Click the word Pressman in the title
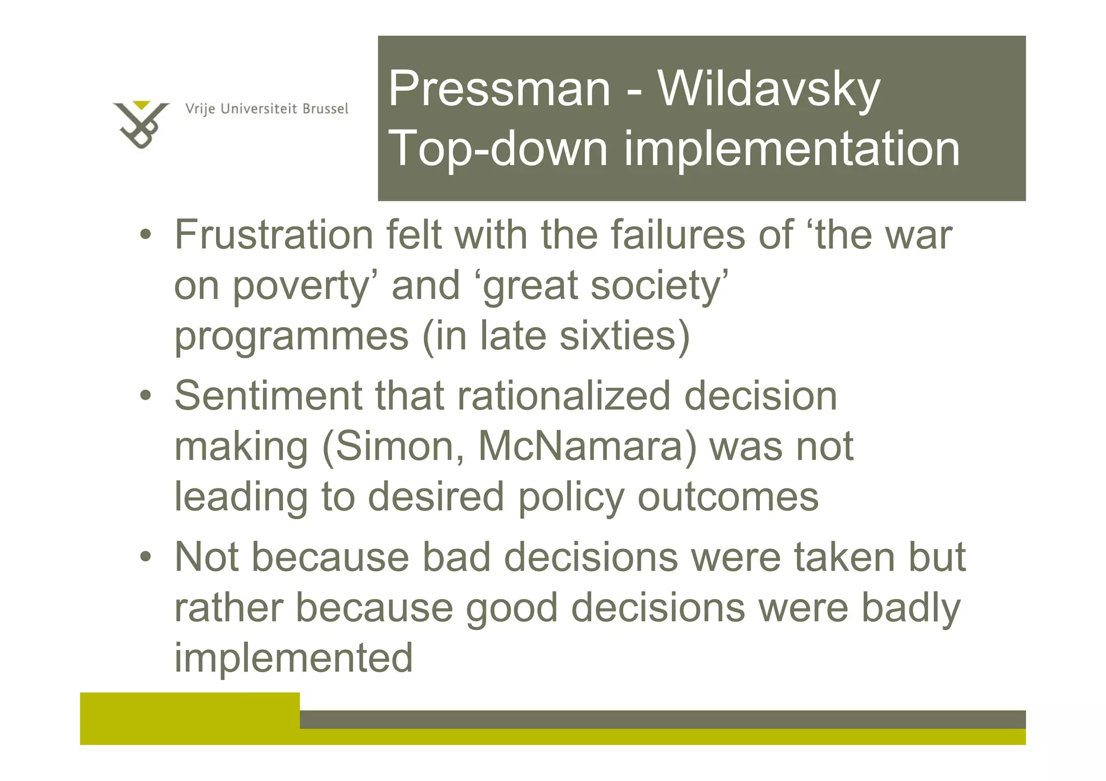point(499,89)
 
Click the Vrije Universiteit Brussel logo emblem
point(141,124)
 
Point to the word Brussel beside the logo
point(325,109)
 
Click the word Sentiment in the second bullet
point(268,396)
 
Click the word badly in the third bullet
point(911,608)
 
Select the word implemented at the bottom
point(293,658)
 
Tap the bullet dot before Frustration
point(145,235)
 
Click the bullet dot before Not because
point(145,558)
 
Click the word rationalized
point(564,396)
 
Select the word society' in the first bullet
point(659,286)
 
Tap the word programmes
point(292,336)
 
